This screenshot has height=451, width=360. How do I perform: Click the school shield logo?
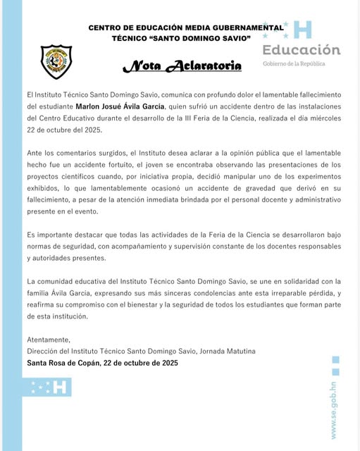(56, 61)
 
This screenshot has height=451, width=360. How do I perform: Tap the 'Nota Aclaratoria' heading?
(182, 66)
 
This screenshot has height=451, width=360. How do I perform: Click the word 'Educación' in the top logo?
(302, 50)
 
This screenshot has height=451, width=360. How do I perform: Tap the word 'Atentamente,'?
(49, 339)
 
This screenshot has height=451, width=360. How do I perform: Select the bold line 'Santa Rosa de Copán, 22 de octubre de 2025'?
(102, 363)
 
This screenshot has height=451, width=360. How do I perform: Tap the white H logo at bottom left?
(60, 387)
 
